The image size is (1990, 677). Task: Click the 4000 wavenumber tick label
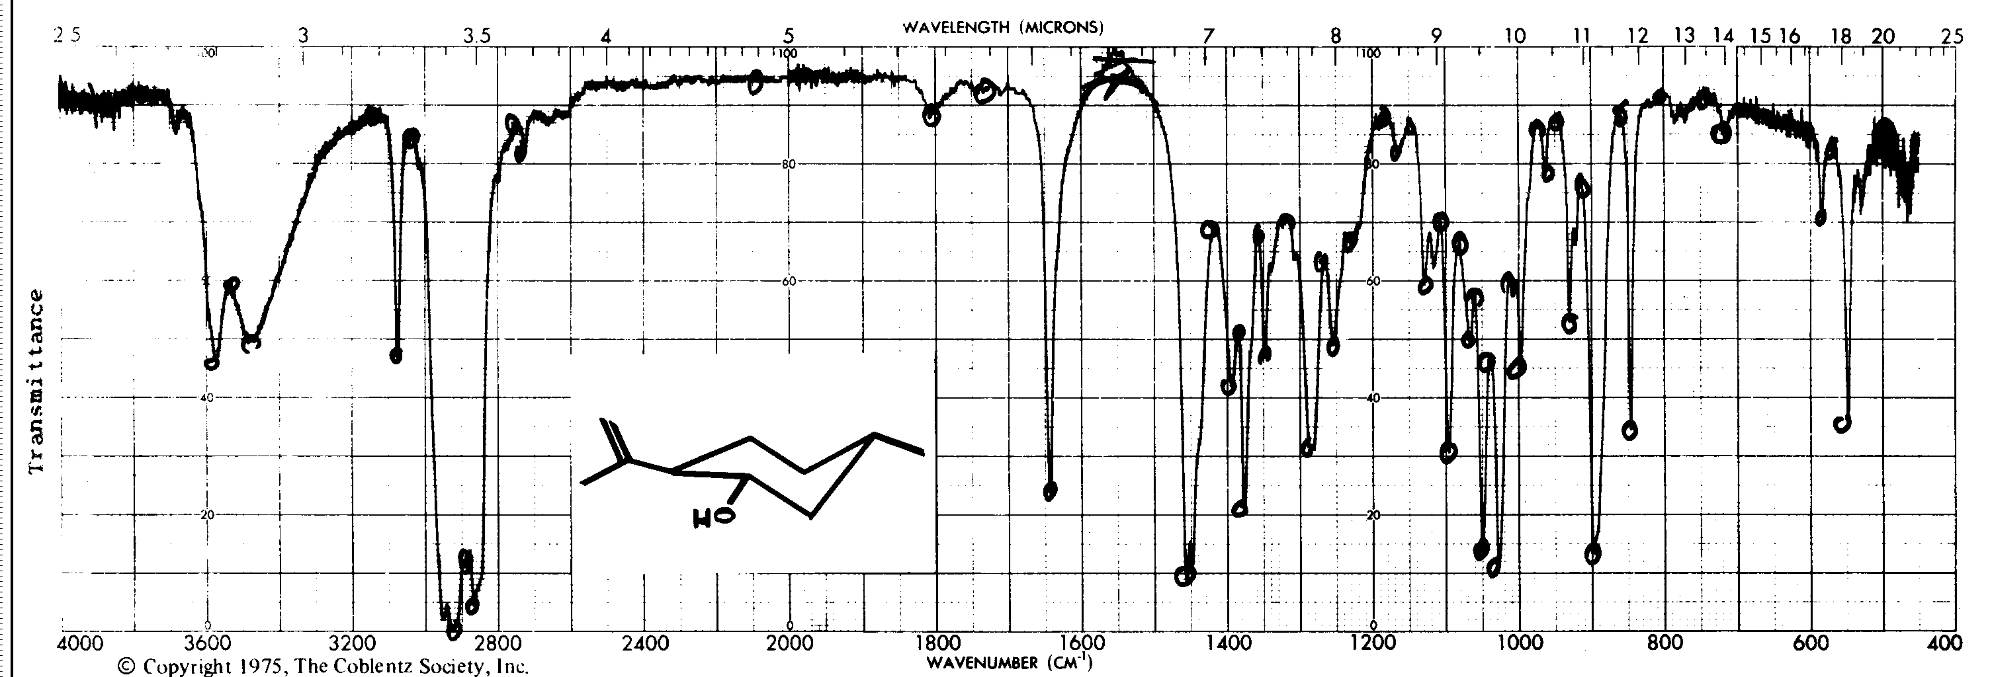pyautogui.click(x=83, y=644)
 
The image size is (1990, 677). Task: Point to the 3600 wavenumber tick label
pyautogui.click(x=206, y=644)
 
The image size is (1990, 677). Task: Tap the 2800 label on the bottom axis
pyautogui.click(x=498, y=644)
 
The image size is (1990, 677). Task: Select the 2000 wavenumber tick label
pyautogui.click(x=789, y=644)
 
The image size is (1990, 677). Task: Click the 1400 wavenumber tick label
pyautogui.click(x=1227, y=644)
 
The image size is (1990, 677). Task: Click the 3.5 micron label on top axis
pyautogui.click(x=476, y=36)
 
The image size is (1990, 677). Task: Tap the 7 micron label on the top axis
pyautogui.click(x=1208, y=36)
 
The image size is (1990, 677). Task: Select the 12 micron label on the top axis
pyautogui.click(x=1638, y=36)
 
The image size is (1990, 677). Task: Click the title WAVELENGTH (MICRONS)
pyautogui.click(x=1003, y=28)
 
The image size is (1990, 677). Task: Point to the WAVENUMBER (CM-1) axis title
pyautogui.click(x=1009, y=663)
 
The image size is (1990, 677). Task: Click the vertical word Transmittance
pyautogui.click(x=36, y=382)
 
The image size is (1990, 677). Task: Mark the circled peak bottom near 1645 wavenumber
pyautogui.click(x=1050, y=491)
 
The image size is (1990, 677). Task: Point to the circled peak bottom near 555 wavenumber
pyautogui.click(x=1842, y=423)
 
